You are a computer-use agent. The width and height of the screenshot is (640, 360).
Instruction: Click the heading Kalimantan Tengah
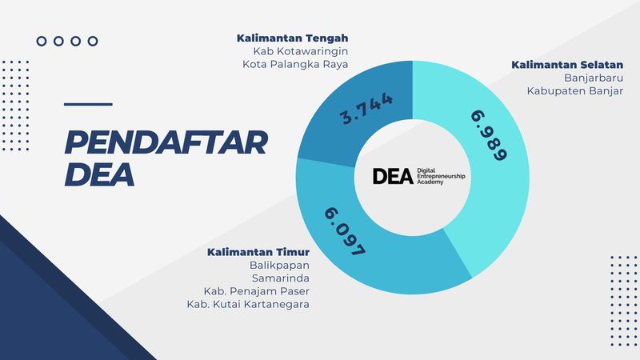click(292, 38)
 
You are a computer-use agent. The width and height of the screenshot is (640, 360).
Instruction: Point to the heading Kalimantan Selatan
click(567, 65)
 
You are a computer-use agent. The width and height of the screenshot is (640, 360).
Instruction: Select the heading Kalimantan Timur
click(258, 252)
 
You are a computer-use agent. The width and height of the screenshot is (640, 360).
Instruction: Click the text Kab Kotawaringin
click(301, 51)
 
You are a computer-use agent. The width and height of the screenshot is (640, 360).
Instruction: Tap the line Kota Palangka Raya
click(295, 65)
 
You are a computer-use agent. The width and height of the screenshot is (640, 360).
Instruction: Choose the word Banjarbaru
click(594, 78)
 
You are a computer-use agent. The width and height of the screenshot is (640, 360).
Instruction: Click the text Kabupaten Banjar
click(575, 90)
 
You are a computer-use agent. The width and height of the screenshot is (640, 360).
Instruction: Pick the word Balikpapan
click(279, 266)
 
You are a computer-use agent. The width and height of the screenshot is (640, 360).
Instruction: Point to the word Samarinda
click(281, 278)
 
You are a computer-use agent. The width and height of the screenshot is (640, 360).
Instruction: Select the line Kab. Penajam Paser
click(257, 291)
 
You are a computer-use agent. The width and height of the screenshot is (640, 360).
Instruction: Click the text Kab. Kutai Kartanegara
click(248, 304)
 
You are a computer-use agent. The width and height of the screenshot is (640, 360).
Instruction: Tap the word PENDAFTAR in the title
click(166, 142)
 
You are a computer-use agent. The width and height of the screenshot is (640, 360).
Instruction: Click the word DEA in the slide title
click(99, 174)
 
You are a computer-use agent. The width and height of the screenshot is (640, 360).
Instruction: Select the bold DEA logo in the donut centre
click(393, 176)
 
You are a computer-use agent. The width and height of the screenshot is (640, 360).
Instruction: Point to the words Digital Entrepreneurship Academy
click(441, 176)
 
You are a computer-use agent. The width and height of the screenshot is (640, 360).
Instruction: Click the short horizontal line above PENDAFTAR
click(88, 105)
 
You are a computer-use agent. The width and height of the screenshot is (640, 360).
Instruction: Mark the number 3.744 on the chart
click(367, 108)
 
